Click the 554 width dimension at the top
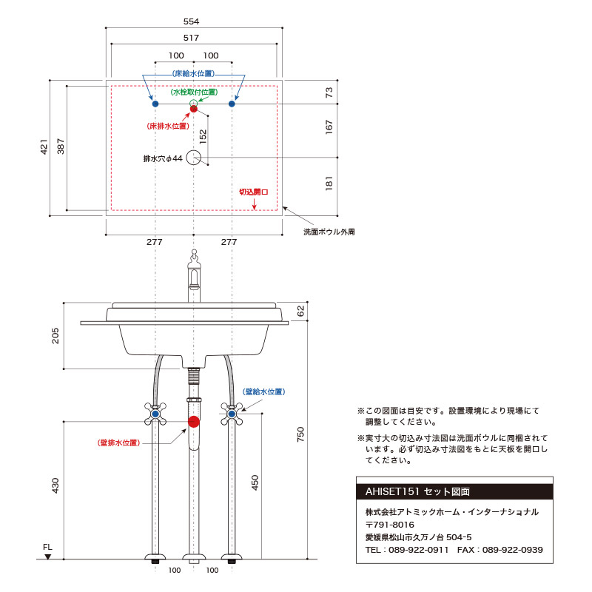[191, 21]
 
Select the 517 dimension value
[191, 38]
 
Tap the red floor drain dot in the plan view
[194, 109]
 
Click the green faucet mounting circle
[194, 103]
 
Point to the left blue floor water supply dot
[155, 104]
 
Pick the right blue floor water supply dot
[232, 104]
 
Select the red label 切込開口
[254, 192]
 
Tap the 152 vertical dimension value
[203, 137]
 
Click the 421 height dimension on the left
[44, 147]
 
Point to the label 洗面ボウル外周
[329, 232]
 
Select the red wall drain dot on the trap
[194, 422]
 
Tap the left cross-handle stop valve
[155, 414]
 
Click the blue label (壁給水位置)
[263, 392]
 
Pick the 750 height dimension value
[300, 434]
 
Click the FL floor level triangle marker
[47, 556]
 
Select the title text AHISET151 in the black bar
[392, 491]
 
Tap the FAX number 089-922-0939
[512, 550]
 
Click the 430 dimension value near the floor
[55, 485]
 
